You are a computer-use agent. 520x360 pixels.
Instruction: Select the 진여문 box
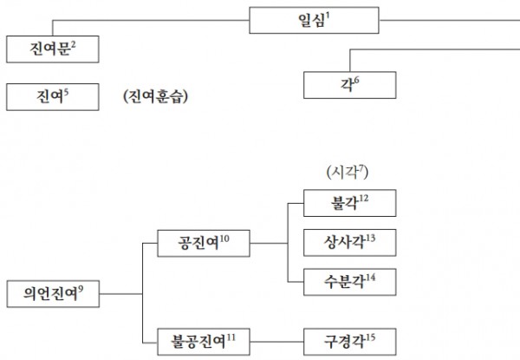tap(51, 49)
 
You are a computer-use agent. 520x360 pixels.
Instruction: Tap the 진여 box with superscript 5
tap(51, 95)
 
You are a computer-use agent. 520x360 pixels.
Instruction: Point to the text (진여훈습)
tap(157, 96)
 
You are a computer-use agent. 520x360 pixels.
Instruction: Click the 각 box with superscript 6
tap(350, 84)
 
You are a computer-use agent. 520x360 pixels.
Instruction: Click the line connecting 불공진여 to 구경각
tap(277, 337)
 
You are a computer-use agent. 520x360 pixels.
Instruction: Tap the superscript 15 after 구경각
tap(374, 333)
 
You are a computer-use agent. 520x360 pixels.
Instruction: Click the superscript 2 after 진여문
tap(75, 43)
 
